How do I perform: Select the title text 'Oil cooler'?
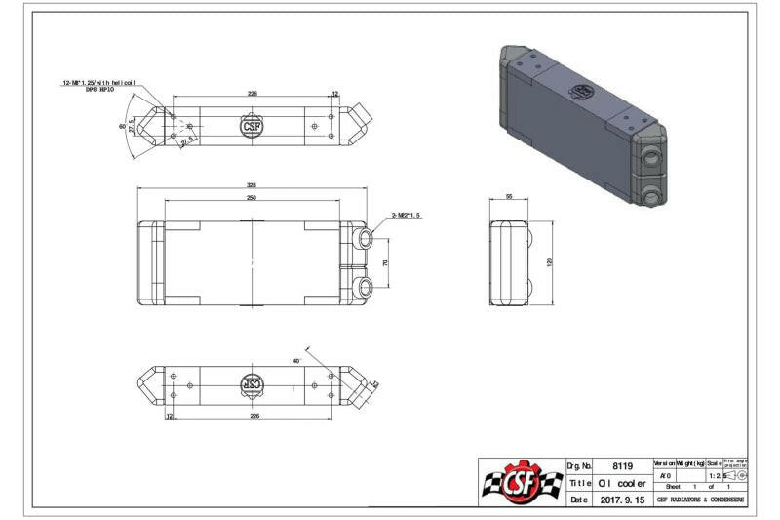[618, 483]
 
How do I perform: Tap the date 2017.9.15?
[621, 500]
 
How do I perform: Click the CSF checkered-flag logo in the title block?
[521, 482]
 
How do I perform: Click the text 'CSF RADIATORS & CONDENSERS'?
[700, 500]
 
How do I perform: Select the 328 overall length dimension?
[252, 185]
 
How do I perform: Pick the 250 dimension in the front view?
[252, 198]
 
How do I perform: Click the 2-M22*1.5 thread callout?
[406, 215]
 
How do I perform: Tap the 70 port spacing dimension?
[385, 263]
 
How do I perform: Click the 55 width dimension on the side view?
[509, 197]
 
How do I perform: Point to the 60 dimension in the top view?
[123, 127]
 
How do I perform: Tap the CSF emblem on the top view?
[252, 127]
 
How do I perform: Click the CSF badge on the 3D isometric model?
[583, 91]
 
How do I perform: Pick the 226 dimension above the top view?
[252, 94]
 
